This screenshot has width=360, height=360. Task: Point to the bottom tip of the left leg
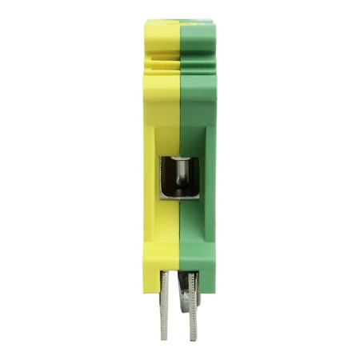point(165,336)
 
